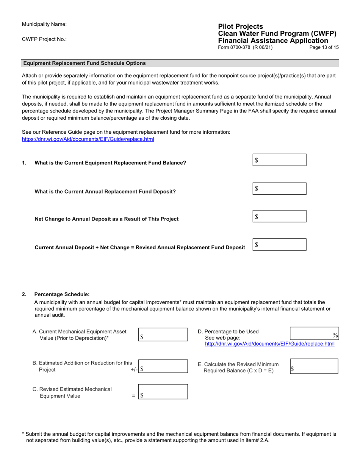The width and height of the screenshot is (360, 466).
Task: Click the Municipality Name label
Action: [44, 24]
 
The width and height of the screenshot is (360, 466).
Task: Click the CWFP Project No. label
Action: [44, 39]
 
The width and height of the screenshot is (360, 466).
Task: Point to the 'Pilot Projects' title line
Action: [240, 27]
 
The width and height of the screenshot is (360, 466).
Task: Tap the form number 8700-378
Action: [245, 47]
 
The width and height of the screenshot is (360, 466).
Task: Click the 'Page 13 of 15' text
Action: [324, 47]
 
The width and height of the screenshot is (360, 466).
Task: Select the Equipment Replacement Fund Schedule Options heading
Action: [85, 63]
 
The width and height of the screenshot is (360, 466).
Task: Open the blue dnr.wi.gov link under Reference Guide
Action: [88, 139]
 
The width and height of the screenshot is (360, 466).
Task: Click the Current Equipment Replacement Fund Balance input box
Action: [279, 160]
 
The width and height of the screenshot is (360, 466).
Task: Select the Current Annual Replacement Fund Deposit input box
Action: [279, 189]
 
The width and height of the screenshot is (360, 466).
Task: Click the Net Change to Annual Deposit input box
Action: [279, 216]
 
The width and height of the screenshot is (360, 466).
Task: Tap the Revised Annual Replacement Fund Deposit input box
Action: [279, 245]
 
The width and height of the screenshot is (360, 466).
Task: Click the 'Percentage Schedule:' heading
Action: [62, 294]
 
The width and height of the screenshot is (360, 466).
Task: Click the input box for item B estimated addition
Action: [163, 366]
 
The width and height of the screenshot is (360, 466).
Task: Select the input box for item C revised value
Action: [163, 392]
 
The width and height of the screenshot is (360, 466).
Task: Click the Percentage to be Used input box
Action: [314, 333]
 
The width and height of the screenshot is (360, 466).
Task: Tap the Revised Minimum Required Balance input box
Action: [314, 366]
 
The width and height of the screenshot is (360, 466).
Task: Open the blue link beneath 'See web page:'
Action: [269, 344]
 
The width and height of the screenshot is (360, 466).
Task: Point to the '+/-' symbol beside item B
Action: [134, 370]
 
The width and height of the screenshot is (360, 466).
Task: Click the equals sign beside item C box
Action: [133, 396]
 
